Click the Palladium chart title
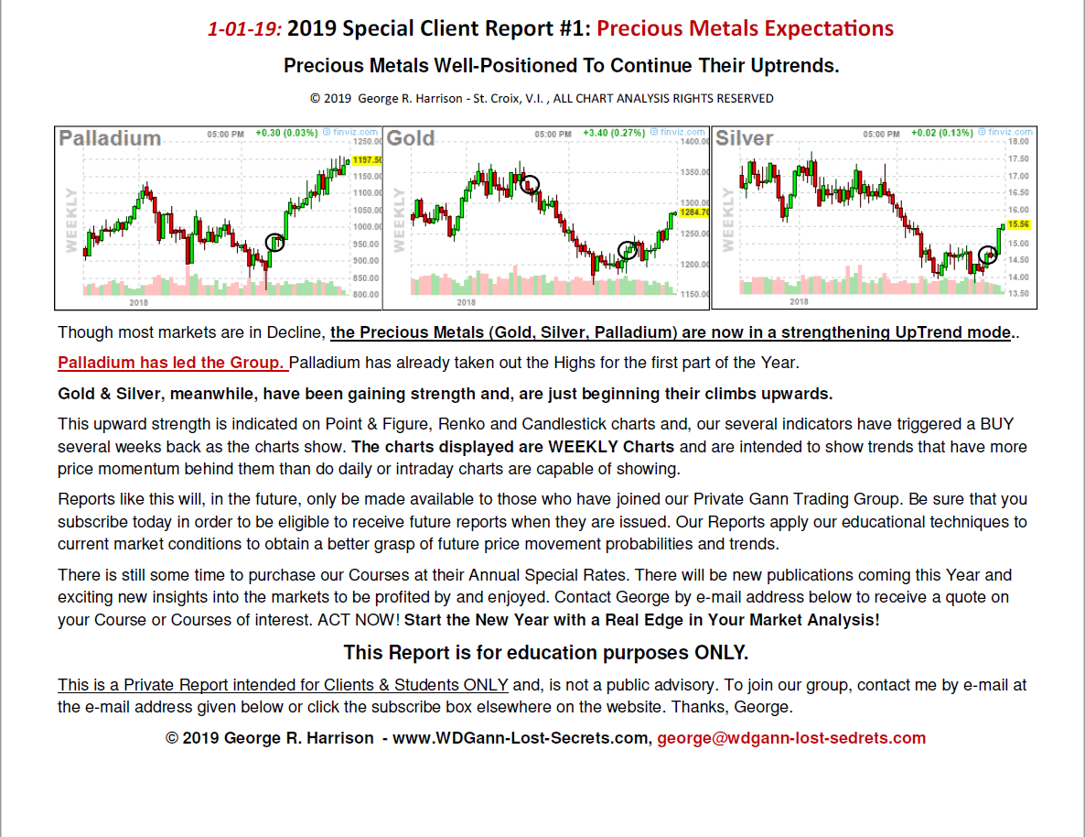pyautogui.click(x=110, y=138)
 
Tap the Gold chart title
pyautogui.click(x=411, y=138)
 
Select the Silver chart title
pyautogui.click(x=744, y=138)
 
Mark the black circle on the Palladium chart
pyautogui.click(x=274, y=242)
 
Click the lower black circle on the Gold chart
pyautogui.click(x=628, y=249)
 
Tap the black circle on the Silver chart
pyautogui.click(x=988, y=255)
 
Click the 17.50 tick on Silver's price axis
pyautogui.click(x=1018, y=158)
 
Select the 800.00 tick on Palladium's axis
pyautogui.click(x=366, y=295)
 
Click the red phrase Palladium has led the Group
pyautogui.click(x=172, y=363)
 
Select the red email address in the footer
pyautogui.click(x=791, y=738)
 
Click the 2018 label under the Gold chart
pyautogui.click(x=466, y=302)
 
